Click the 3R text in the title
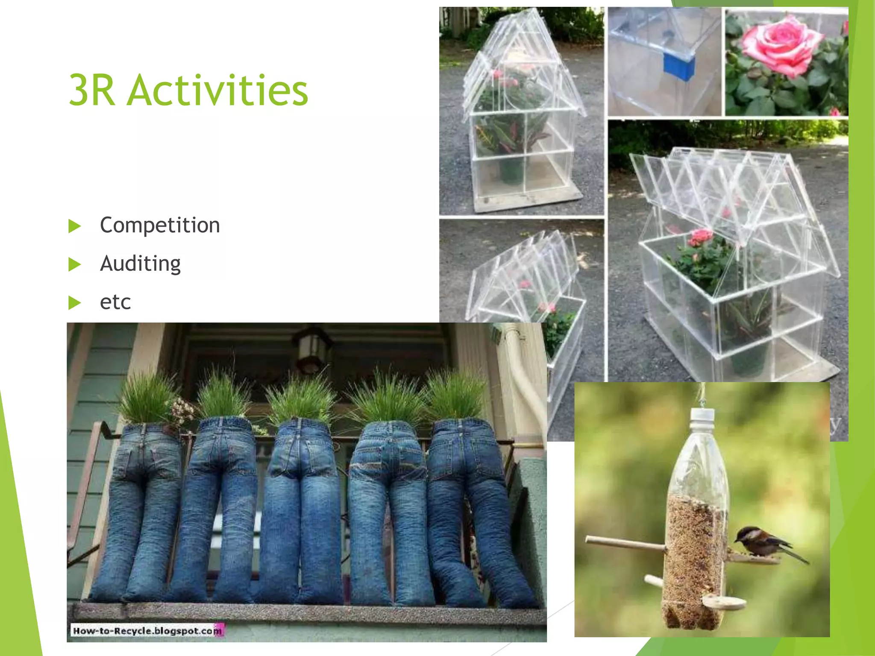[x=91, y=90]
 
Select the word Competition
[x=160, y=225]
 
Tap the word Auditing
[x=140, y=264]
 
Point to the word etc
[x=115, y=302]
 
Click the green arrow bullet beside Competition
[x=74, y=226]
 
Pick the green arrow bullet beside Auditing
[x=74, y=264]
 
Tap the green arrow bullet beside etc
[x=74, y=303]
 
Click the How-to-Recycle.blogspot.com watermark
[x=147, y=630]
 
